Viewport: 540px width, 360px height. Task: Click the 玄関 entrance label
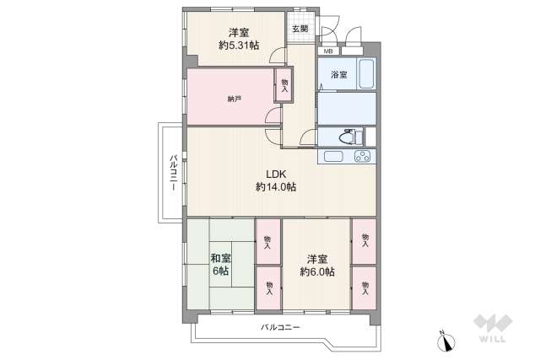pos(300,28)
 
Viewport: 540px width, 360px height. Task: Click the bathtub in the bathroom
pos(366,75)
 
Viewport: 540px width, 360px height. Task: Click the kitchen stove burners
pos(364,156)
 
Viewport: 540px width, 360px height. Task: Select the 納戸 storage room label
pos(234,99)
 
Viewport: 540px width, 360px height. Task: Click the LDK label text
pos(277,175)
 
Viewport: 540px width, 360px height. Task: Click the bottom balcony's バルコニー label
pos(279,327)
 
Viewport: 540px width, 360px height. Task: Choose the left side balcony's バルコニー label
pos(172,173)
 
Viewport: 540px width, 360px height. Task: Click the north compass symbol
pos(445,341)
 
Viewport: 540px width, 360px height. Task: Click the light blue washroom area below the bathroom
pos(347,108)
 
